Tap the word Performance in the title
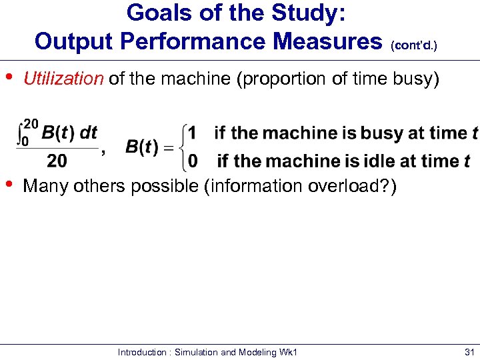tap(190, 41)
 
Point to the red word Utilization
tap(63, 79)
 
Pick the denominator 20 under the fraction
tap(57, 161)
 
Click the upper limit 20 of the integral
tap(31, 123)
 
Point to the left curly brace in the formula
tap(181, 147)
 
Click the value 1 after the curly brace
tap(192, 133)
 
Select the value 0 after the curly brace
tap(193, 161)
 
